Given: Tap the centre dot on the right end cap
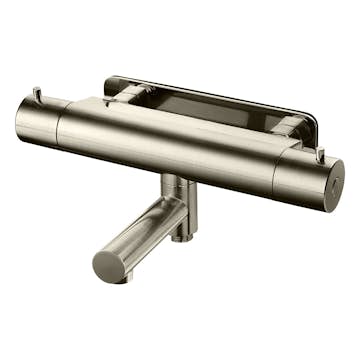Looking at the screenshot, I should point(334,188).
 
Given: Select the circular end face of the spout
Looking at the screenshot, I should point(109,265).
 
